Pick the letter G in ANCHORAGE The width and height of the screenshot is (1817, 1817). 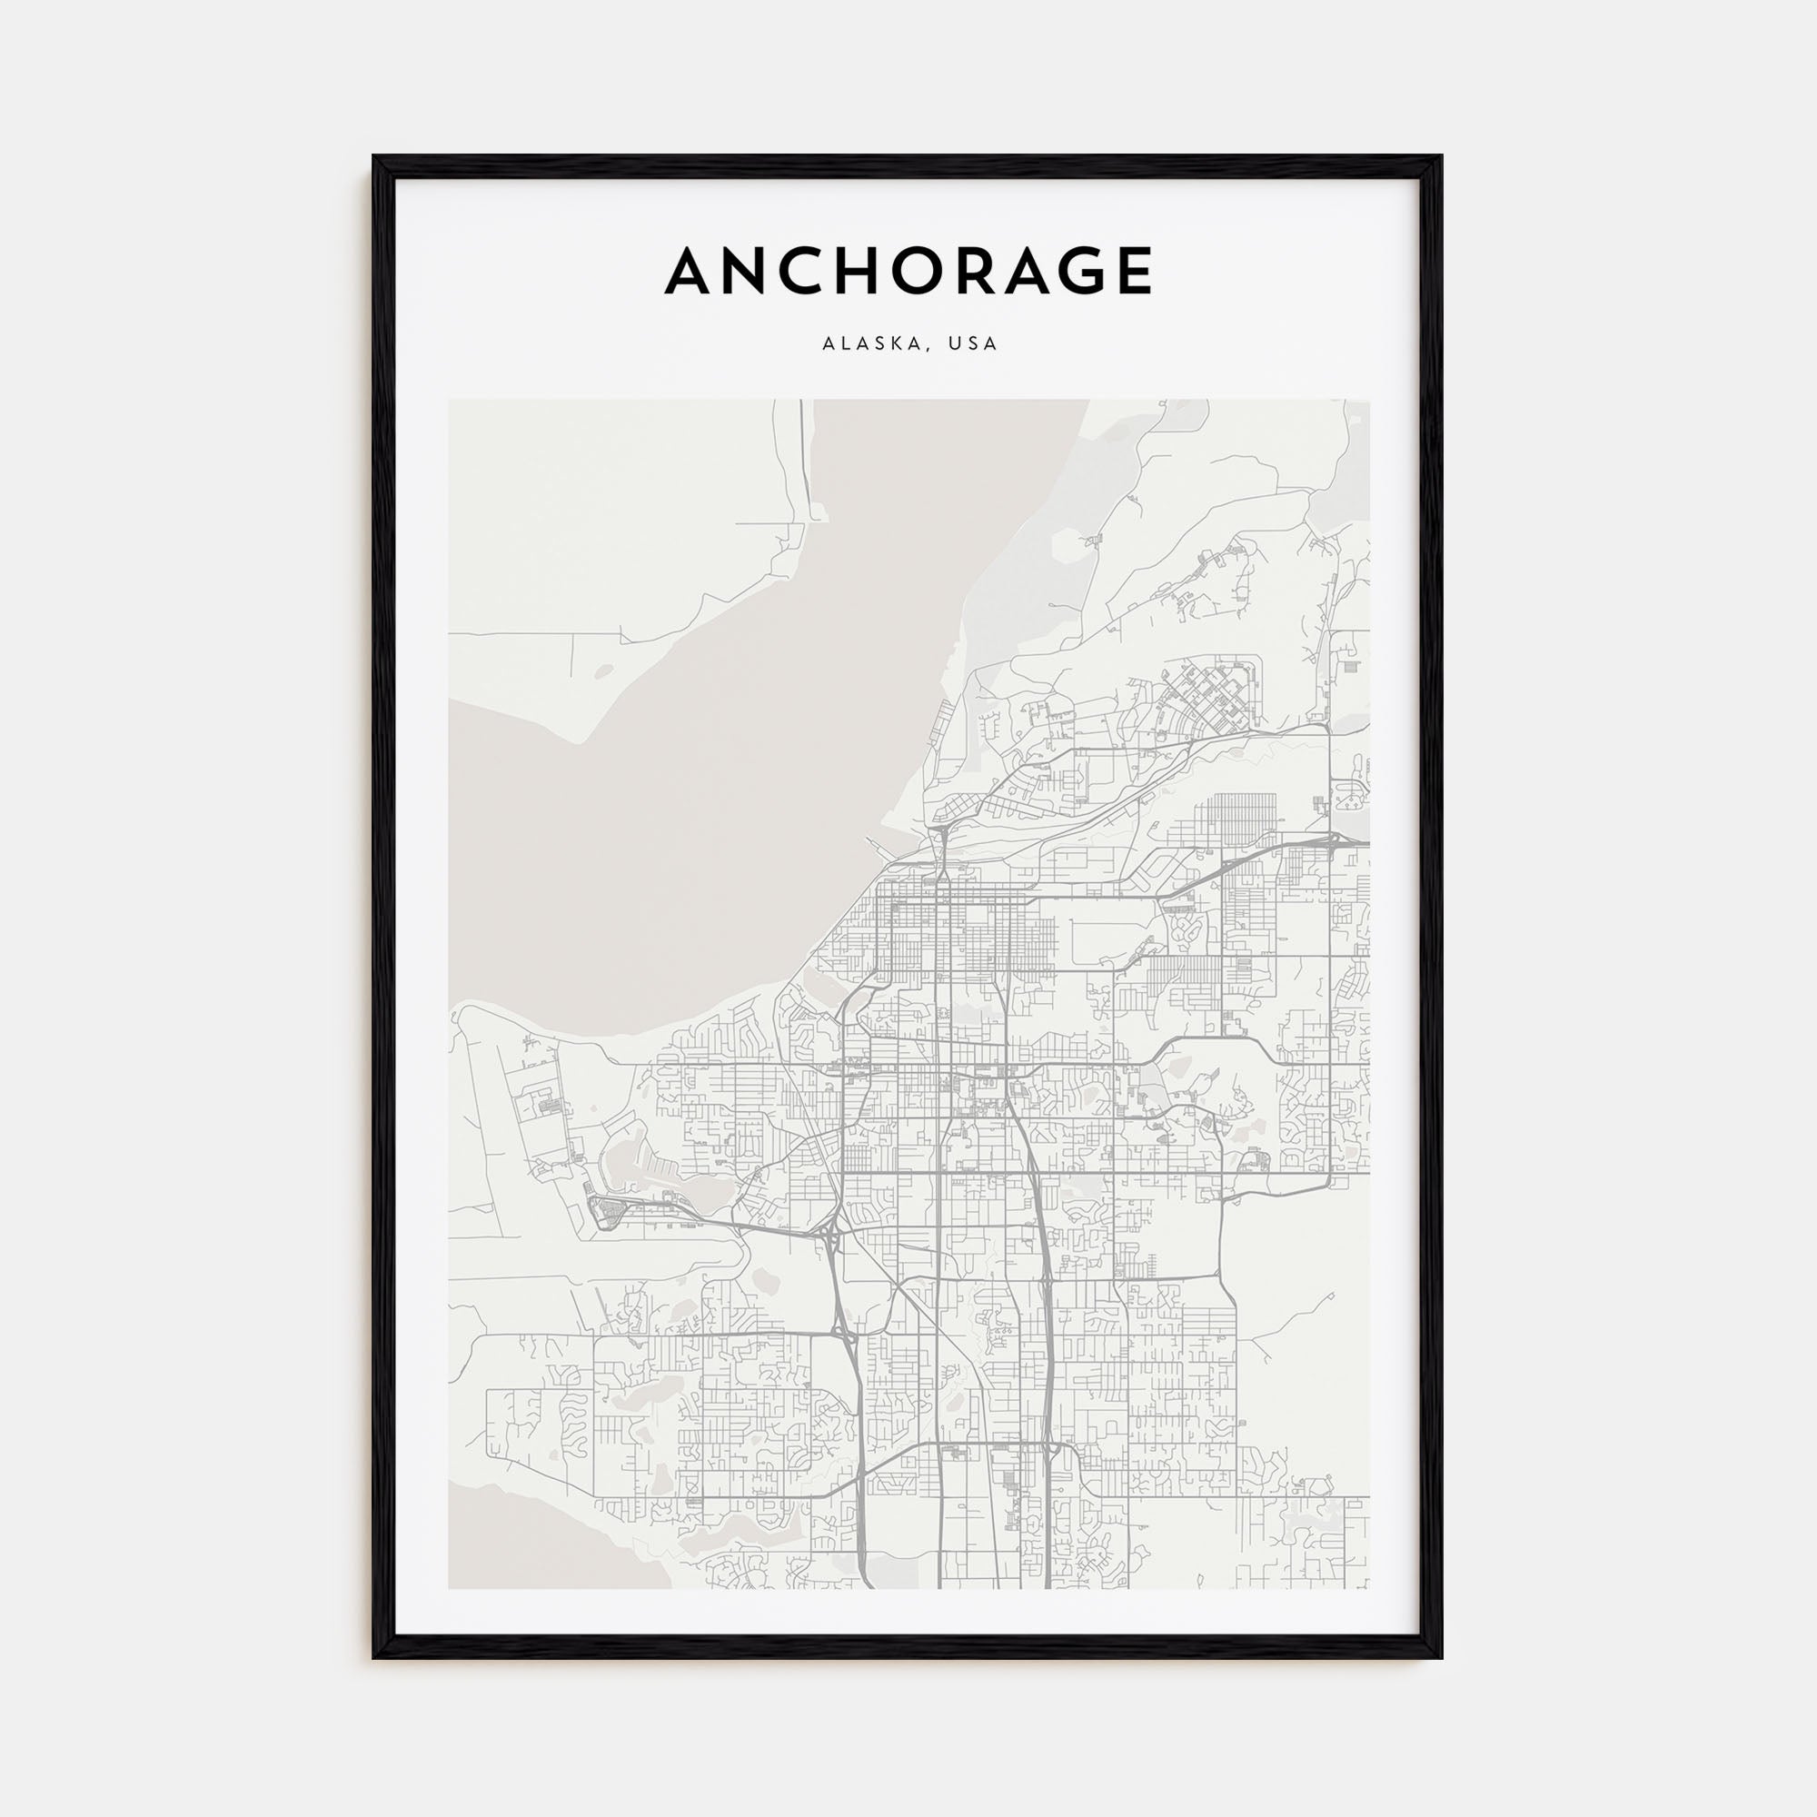(x=1071, y=272)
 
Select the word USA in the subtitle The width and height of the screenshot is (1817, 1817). (x=972, y=344)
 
